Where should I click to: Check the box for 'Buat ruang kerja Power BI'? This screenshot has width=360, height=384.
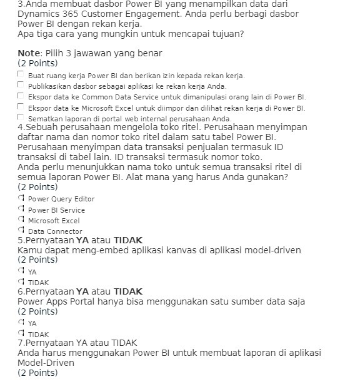21,74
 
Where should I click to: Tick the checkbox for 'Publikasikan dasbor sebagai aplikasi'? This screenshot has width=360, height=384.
21,85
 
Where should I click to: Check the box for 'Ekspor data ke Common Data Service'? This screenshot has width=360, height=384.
21,96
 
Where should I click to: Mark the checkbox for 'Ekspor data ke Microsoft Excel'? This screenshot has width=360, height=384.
21,106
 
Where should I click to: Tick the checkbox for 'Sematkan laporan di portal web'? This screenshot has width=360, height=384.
21,117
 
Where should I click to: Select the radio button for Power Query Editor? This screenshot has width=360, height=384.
21,198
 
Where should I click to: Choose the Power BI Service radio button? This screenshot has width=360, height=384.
21,210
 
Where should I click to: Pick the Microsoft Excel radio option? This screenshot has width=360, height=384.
21,220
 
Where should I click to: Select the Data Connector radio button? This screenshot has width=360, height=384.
21,231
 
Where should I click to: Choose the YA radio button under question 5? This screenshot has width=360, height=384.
21,271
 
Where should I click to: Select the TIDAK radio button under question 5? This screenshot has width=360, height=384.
21,282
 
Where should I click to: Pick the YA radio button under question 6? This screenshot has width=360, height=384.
21,323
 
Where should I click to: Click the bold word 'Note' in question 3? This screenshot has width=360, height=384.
29,53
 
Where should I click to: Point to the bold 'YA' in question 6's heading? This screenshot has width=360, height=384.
82,291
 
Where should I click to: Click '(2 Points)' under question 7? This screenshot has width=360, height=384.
37,373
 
